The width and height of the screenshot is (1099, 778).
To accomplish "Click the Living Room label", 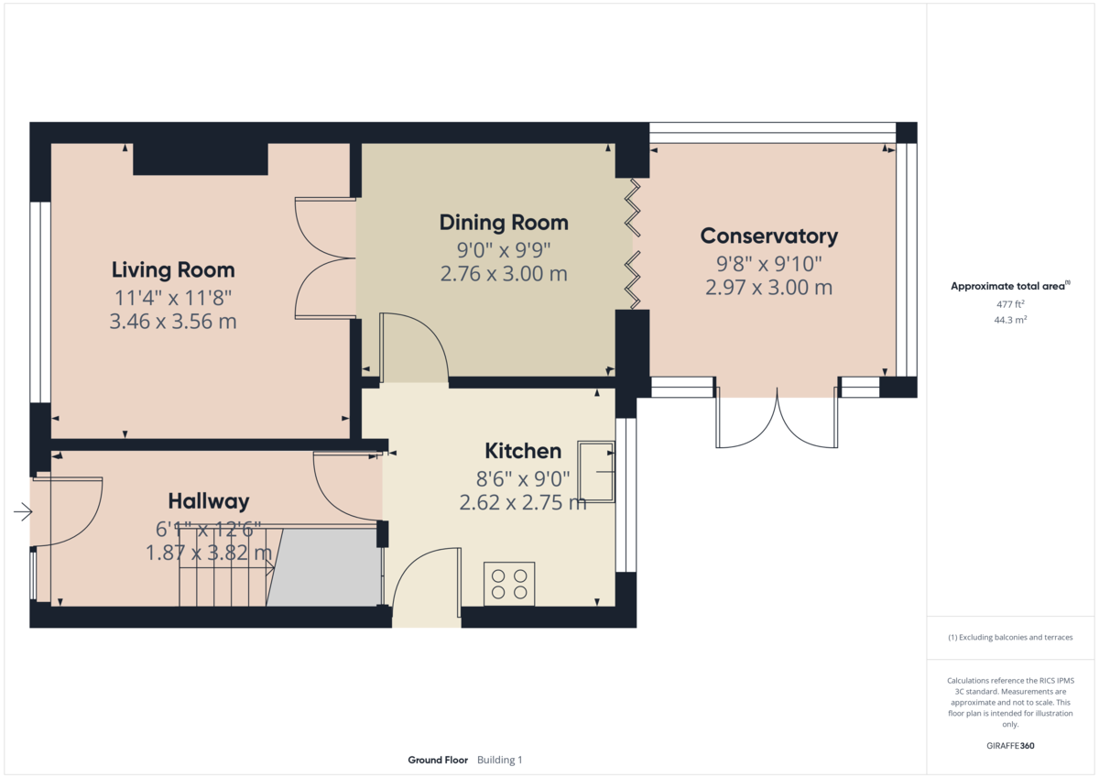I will [x=173, y=269].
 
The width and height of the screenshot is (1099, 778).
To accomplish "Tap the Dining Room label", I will [x=504, y=222].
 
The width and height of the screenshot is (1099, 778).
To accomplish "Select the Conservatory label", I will [x=768, y=236].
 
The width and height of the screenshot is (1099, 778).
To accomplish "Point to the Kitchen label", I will [x=522, y=451].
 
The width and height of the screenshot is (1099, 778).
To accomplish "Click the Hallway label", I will [x=209, y=501].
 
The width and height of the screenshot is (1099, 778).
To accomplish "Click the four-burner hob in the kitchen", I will [x=509, y=584].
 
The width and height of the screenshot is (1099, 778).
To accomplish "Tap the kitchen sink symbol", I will [x=596, y=471].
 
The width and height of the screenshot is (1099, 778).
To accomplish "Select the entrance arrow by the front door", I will [x=23, y=512].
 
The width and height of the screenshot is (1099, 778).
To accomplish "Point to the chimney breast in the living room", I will [x=201, y=159].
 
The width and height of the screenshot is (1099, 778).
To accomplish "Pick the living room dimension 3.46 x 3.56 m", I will [x=173, y=322].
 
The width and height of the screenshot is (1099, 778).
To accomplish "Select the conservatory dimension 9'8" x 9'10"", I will [x=768, y=264].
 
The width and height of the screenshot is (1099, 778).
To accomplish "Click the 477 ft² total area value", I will [x=1011, y=303].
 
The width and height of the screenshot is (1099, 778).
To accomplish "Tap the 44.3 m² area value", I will [x=1011, y=320].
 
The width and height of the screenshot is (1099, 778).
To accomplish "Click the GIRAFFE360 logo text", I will [x=1011, y=746].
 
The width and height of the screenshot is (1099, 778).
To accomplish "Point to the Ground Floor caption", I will [x=438, y=760].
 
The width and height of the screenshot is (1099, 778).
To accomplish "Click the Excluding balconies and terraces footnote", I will [x=1011, y=637].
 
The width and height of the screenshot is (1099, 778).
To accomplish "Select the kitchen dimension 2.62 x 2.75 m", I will [x=522, y=502].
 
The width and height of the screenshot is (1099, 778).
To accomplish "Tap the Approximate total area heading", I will [x=1009, y=286].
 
